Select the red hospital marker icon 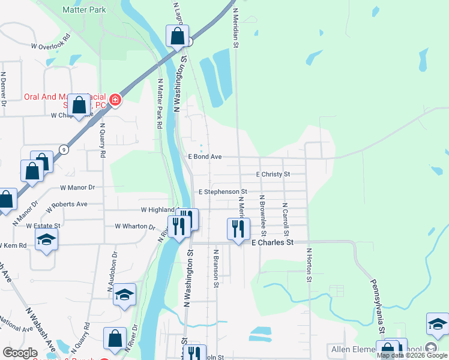point(114,100)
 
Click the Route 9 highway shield point(63,150)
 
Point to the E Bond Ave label point(205,157)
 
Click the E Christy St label point(273,174)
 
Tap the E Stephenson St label point(223,192)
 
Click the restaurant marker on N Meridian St point(238,229)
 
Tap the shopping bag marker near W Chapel point(79,106)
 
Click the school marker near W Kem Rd point(45,241)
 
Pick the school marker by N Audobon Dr point(124,295)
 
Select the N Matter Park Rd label point(160,104)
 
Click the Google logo point(20,353)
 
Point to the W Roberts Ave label point(65,204)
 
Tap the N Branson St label point(214,271)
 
